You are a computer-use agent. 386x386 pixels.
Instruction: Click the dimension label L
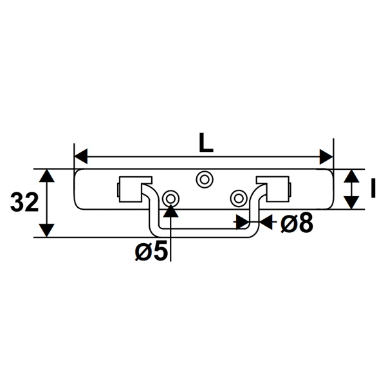206,142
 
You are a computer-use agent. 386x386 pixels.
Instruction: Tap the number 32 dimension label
24,203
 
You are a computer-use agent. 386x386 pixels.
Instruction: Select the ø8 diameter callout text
297,223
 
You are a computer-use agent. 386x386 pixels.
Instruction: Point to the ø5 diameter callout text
151,251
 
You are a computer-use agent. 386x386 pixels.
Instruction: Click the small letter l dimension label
373,188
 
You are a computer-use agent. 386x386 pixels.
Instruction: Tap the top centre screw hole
205,179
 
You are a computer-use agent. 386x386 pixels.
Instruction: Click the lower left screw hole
170,198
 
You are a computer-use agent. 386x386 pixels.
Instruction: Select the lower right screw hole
239,198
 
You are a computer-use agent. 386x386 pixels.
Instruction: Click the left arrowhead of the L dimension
81,156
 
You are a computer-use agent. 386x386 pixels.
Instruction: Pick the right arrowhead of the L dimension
326,156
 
